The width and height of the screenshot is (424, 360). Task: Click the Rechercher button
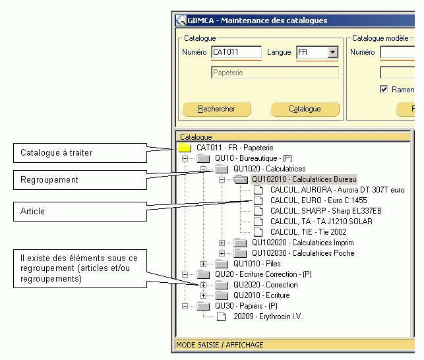pyautogui.click(x=216, y=109)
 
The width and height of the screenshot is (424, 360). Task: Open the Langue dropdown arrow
pyautogui.click(x=332, y=52)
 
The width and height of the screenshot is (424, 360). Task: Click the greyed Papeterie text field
pyautogui.click(x=274, y=73)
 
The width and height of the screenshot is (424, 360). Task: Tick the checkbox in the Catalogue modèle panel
pyautogui.click(x=384, y=89)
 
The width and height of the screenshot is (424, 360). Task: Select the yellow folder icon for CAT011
pyautogui.click(x=185, y=148)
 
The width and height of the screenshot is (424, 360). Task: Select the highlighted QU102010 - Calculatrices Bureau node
pyautogui.click(x=304, y=179)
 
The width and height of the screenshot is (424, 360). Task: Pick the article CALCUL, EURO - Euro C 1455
pyautogui.click(x=318, y=200)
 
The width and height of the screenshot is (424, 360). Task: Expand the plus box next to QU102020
pyautogui.click(x=222, y=243)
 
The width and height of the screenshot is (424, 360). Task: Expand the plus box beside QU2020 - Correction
pyautogui.click(x=203, y=285)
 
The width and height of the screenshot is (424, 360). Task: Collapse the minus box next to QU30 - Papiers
pyautogui.click(x=185, y=306)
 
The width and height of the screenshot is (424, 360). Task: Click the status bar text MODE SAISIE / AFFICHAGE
pyautogui.click(x=220, y=345)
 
